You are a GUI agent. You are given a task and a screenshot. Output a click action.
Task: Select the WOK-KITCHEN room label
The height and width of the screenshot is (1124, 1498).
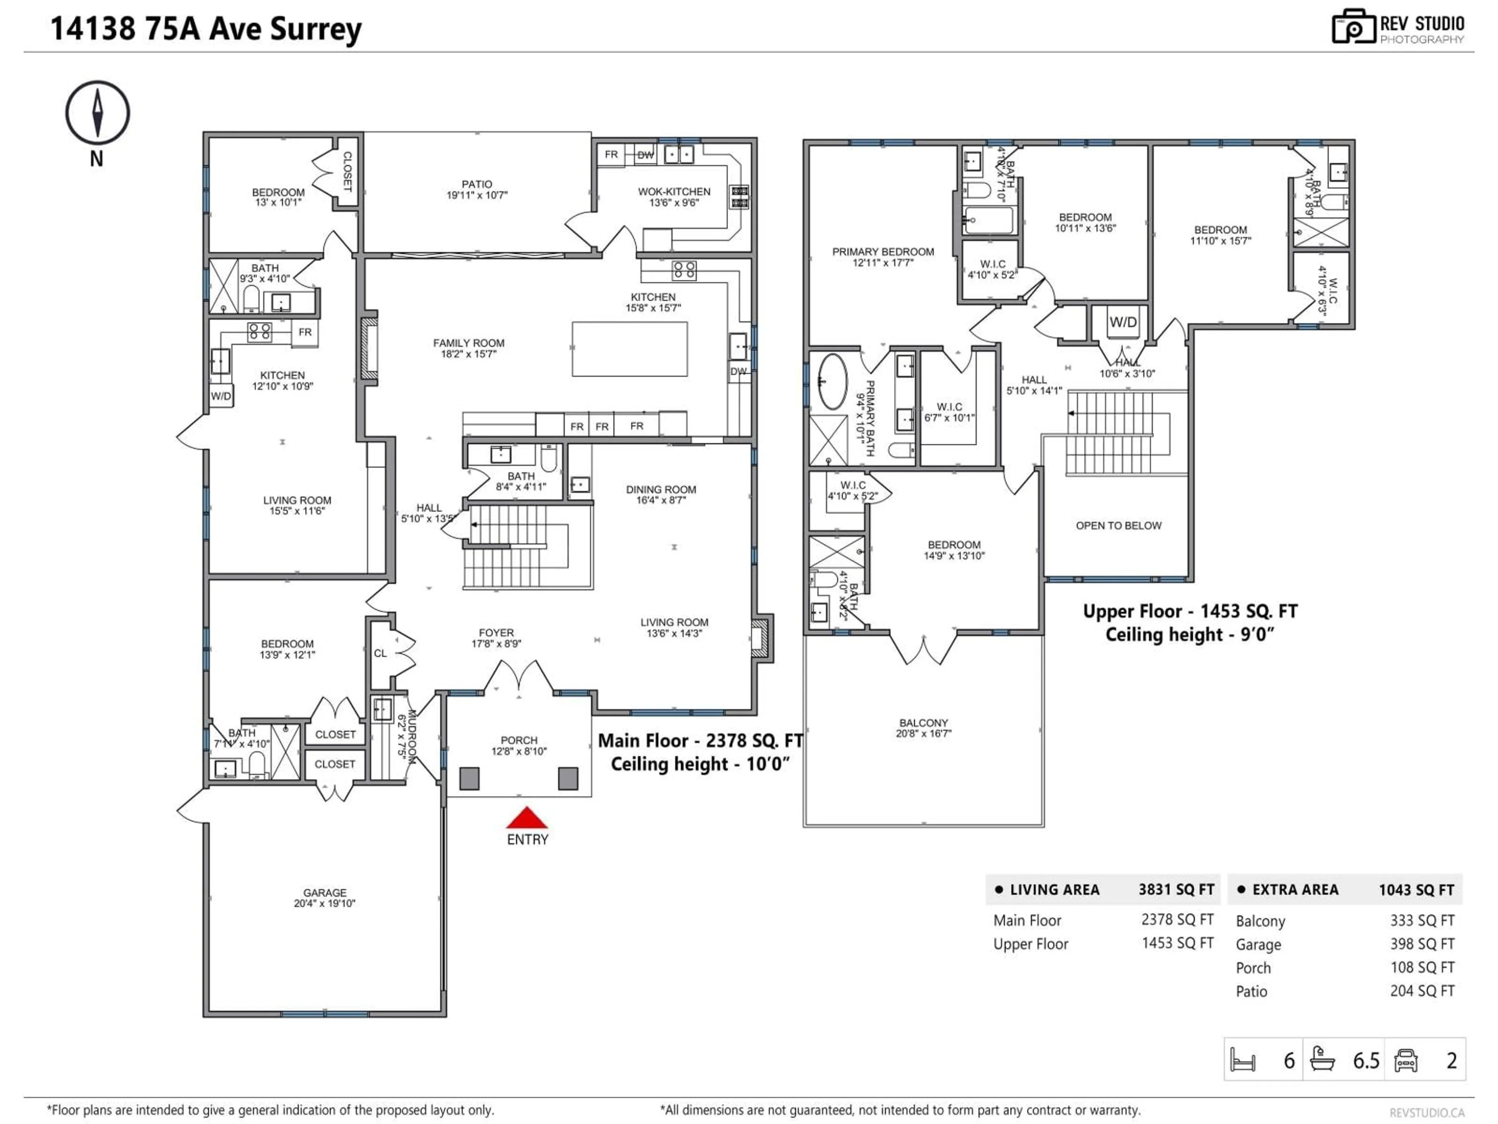coord(674,192)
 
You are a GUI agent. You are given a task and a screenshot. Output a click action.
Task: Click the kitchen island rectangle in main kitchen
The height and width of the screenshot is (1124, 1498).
coord(629,349)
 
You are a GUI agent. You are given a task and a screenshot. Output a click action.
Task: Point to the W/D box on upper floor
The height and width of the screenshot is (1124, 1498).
coord(1123,322)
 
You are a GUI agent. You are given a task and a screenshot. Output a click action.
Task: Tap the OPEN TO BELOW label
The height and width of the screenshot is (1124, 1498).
coord(1118,526)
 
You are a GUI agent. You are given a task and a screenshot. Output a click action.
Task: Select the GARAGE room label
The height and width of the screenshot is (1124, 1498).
coord(325,893)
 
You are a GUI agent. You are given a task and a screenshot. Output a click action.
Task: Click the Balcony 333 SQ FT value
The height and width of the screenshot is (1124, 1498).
coord(1422,921)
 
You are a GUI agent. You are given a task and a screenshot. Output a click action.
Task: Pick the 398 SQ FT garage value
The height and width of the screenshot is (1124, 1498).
coord(1422,944)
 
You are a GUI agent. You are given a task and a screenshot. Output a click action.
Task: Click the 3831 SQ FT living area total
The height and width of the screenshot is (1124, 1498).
coord(1176,889)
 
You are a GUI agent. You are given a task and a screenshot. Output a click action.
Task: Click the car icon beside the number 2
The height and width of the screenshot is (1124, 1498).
coord(1406,1060)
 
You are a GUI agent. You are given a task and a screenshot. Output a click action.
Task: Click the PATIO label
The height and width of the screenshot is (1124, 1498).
coord(477,184)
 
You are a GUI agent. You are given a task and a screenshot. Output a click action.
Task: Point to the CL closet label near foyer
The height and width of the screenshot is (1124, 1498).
coord(381,653)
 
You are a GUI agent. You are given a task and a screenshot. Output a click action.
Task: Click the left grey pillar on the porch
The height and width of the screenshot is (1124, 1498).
coord(469,779)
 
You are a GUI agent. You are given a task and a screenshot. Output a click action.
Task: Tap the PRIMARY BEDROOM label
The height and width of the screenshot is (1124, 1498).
coord(882,252)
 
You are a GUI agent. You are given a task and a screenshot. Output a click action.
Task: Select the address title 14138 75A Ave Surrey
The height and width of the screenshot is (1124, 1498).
coord(206,29)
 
